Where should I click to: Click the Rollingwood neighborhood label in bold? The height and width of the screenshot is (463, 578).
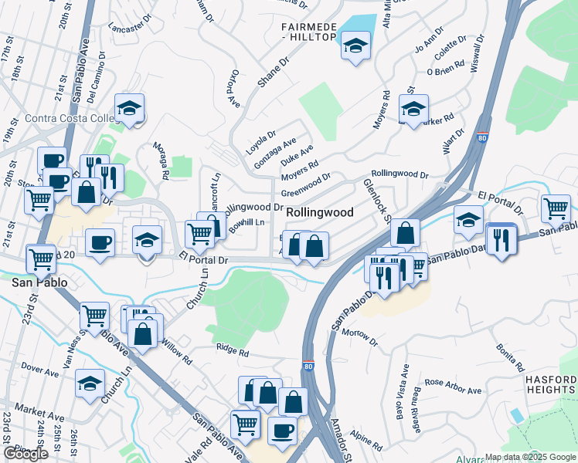[320, 212]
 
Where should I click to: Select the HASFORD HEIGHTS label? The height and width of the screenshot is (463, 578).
[550, 385]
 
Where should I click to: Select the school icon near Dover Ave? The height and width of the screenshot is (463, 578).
[90, 383]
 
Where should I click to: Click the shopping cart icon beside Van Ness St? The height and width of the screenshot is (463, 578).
[93, 315]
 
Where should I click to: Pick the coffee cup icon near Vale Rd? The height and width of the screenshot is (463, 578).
[282, 430]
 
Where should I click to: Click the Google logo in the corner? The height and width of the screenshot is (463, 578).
[25, 454]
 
